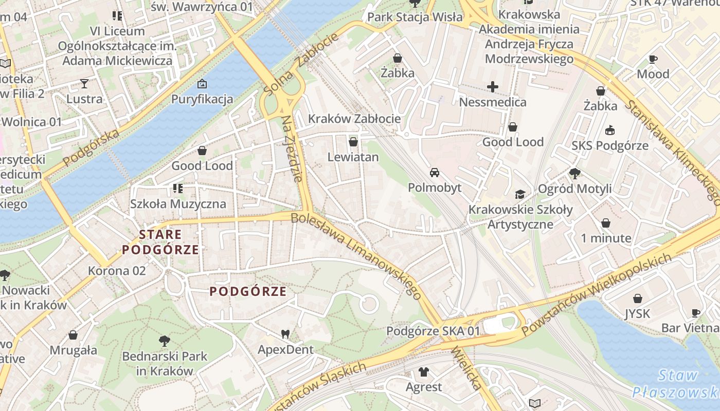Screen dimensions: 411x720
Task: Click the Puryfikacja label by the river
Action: (202, 99)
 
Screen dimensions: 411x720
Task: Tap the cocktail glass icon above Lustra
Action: (84, 83)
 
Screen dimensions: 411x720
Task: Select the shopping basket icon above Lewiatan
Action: (353, 141)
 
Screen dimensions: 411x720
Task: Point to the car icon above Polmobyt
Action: (435, 172)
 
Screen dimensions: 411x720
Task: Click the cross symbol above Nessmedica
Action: (493, 86)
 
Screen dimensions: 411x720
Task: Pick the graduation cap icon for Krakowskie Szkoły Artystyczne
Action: (520, 194)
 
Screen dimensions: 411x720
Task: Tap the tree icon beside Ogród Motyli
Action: (574, 174)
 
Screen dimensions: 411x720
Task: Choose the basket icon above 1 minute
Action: (606, 223)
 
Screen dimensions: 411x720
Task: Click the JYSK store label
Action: (637, 313)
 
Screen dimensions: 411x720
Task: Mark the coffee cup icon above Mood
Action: (653, 59)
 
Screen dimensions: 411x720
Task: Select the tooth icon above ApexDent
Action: (285, 334)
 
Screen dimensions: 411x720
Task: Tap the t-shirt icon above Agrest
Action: (423, 371)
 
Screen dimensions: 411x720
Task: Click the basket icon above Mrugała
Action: (73, 335)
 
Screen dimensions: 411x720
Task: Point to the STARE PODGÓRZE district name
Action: (160, 242)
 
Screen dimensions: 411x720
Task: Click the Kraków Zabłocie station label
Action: (354, 119)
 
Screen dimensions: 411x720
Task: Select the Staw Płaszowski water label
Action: (674, 384)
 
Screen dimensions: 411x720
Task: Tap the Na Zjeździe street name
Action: (291, 149)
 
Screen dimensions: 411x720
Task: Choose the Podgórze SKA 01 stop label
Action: (433, 331)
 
